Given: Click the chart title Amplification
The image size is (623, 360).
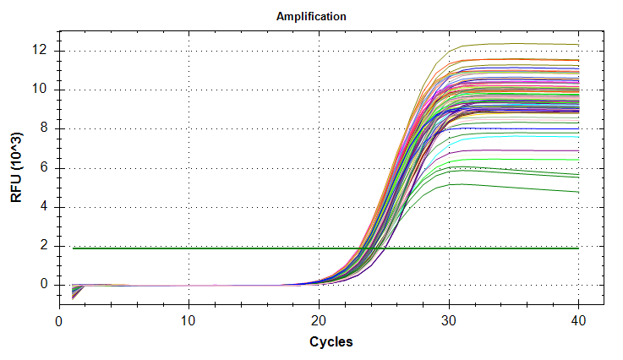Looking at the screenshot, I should [311, 17].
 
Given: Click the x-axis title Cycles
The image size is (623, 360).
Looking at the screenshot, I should [319, 342].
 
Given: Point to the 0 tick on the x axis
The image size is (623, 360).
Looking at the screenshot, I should [58, 321].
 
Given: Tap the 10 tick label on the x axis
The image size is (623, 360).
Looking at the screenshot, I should [189, 321].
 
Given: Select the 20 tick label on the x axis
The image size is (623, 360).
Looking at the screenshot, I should [319, 321].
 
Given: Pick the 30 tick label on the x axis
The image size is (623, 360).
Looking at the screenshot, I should [449, 321].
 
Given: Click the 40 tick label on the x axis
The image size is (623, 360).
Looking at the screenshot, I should [579, 321].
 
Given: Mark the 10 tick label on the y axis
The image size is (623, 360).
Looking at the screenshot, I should [43, 90].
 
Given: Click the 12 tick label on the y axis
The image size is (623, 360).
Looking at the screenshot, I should [43, 51].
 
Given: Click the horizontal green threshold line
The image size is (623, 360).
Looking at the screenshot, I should [211, 248].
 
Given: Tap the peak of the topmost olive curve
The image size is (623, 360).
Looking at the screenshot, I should [507, 43].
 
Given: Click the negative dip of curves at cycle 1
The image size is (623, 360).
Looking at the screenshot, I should [73, 294].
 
